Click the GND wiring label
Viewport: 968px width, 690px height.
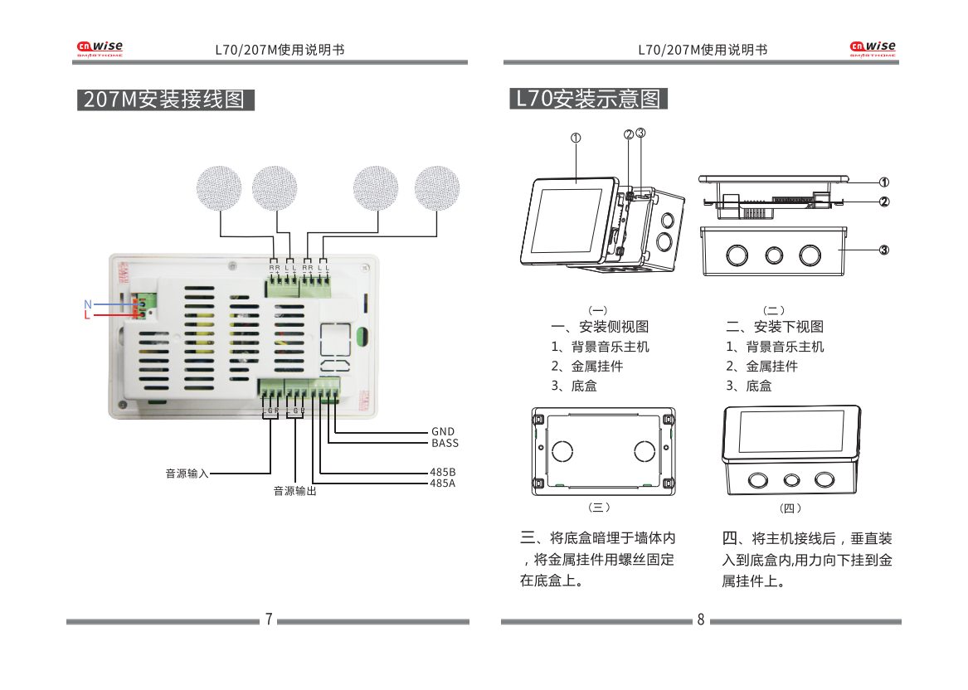coord(443,431)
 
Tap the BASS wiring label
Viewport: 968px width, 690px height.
coord(445,443)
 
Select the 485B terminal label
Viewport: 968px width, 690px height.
coord(443,472)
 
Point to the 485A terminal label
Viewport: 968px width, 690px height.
coord(443,483)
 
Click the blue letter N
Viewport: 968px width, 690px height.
coord(88,304)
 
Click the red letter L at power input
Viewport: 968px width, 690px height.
coord(86,316)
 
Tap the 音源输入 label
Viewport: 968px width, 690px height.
coord(187,474)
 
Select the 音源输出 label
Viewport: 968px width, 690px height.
coord(295,492)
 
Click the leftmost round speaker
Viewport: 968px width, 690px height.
coord(220,189)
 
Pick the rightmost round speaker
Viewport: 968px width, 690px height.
coord(436,189)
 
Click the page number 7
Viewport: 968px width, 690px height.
coord(269,620)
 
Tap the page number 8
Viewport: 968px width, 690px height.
coord(701,620)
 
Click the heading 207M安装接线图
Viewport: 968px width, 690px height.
coord(165,100)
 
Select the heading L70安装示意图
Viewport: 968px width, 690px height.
coord(588,99)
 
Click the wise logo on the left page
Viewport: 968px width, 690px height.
coord(100,49)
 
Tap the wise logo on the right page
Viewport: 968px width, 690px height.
coord(873,49)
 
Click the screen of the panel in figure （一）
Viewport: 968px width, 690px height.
coord(566,220)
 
